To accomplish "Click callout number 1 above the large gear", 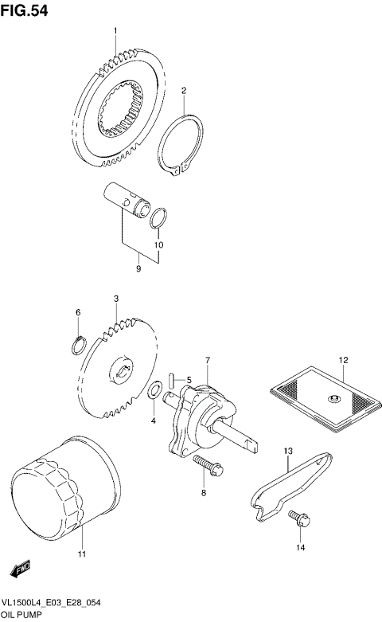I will coord(115,31).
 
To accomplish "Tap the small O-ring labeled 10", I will coord(158,217).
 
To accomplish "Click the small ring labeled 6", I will coord(79,344).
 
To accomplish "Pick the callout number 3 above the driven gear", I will coord(115,298).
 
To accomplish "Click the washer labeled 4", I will coord(155,390).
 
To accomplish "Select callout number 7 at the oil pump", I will coord(207,361).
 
